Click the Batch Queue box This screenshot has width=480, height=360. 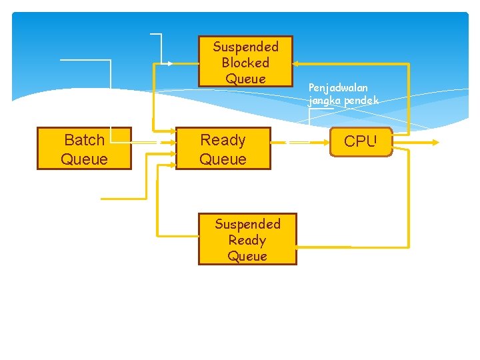click(84, 149)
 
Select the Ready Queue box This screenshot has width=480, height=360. click(223, 149)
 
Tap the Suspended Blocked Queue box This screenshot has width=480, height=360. click(245, 62)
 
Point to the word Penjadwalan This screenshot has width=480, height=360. click(339, 87)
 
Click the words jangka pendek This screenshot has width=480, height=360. click(343, 101)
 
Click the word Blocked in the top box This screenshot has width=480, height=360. click(245, 63)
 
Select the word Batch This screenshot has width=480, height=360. click(84, 140)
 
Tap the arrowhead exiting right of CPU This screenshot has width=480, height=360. click(435, 142)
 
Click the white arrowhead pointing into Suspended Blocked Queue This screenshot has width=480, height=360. click(170, 63)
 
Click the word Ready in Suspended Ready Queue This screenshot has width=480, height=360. click(247, 240)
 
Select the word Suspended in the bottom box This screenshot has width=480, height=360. click(247, 224)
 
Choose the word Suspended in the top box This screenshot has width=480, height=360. click(245, 47)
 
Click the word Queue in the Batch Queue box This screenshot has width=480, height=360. click(84, 159)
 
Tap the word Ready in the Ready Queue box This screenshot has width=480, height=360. click(223, 140)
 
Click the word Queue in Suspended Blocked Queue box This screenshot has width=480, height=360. click(245, 79)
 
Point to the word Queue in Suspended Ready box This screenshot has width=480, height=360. click(247, 256)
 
